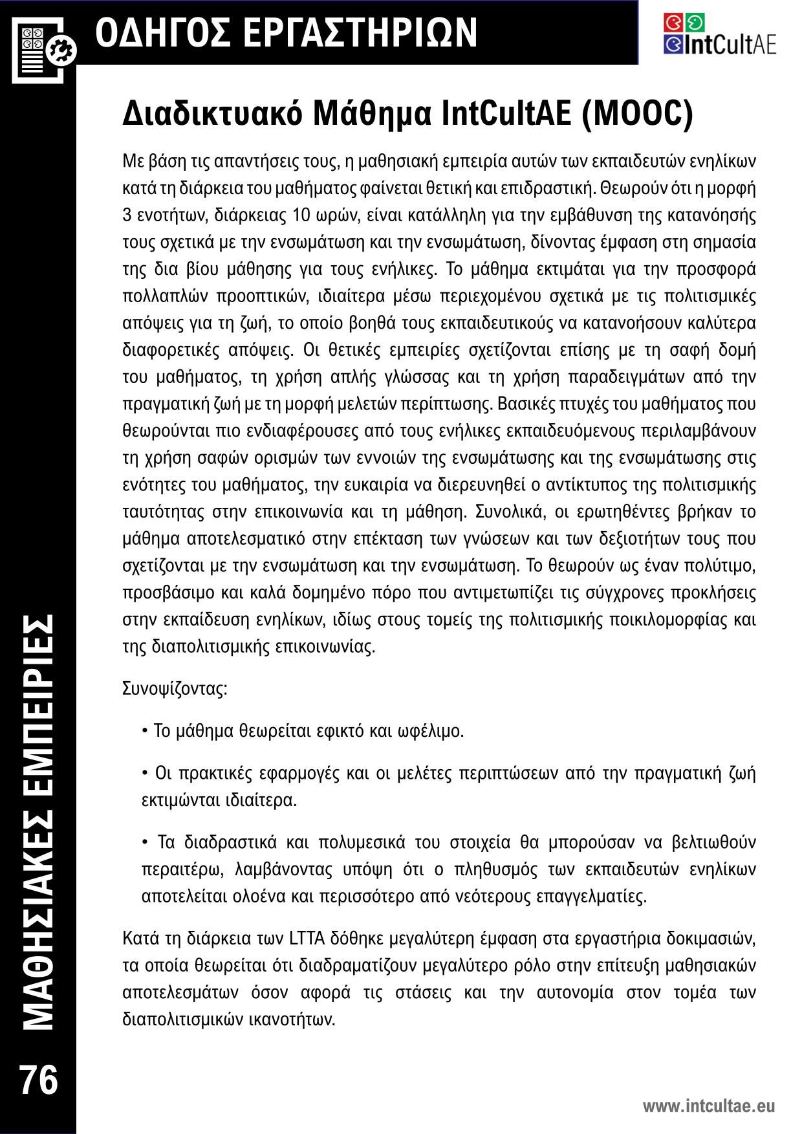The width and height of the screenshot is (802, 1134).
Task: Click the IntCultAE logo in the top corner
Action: [719, 34]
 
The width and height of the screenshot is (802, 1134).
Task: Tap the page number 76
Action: [39, 1080]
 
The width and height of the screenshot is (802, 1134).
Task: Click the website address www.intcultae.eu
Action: [708, 1106]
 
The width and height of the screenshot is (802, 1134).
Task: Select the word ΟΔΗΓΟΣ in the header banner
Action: [166, 33]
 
